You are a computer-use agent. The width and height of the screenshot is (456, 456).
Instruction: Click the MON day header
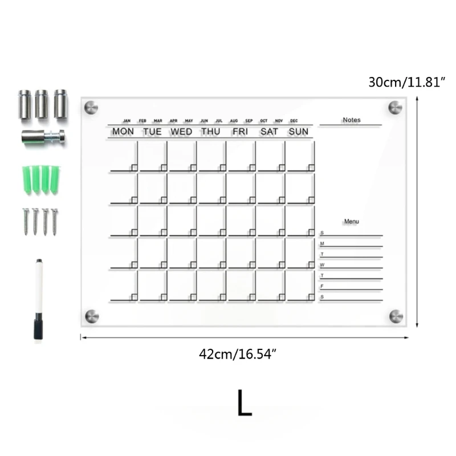tap(123, 132)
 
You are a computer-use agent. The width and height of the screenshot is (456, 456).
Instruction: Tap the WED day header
tap(181, 132)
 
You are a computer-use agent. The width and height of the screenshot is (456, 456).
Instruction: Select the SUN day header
tap(298, 132)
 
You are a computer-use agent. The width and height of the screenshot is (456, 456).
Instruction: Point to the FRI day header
tap(240, 132)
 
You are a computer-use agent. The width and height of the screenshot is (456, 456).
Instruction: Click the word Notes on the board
tap(352, 120)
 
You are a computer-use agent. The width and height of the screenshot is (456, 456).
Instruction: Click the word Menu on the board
tap(352, 221)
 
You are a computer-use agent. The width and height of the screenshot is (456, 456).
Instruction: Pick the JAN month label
tap(127, 121)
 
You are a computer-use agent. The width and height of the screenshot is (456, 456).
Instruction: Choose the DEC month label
tap(294, 121)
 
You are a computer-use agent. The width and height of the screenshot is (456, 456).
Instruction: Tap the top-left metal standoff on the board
tap(91, 107)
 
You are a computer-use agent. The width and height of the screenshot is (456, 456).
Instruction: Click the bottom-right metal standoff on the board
tap(396, 316)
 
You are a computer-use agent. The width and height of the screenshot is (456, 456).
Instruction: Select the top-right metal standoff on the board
tap(395, 107)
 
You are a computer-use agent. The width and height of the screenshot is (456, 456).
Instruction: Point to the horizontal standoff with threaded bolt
tap(43, 137)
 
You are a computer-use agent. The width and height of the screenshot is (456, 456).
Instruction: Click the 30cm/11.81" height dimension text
tap(406, 82)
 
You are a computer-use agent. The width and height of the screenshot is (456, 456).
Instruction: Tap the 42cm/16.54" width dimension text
tap(238, 354)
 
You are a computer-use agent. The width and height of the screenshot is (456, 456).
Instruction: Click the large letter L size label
tap(244, 403)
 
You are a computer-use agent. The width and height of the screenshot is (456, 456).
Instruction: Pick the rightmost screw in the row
tap(55, 221)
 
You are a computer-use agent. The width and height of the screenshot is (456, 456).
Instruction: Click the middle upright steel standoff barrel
tap(42, 104)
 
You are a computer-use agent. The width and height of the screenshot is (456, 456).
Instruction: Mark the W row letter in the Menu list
tap(322, 265)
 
